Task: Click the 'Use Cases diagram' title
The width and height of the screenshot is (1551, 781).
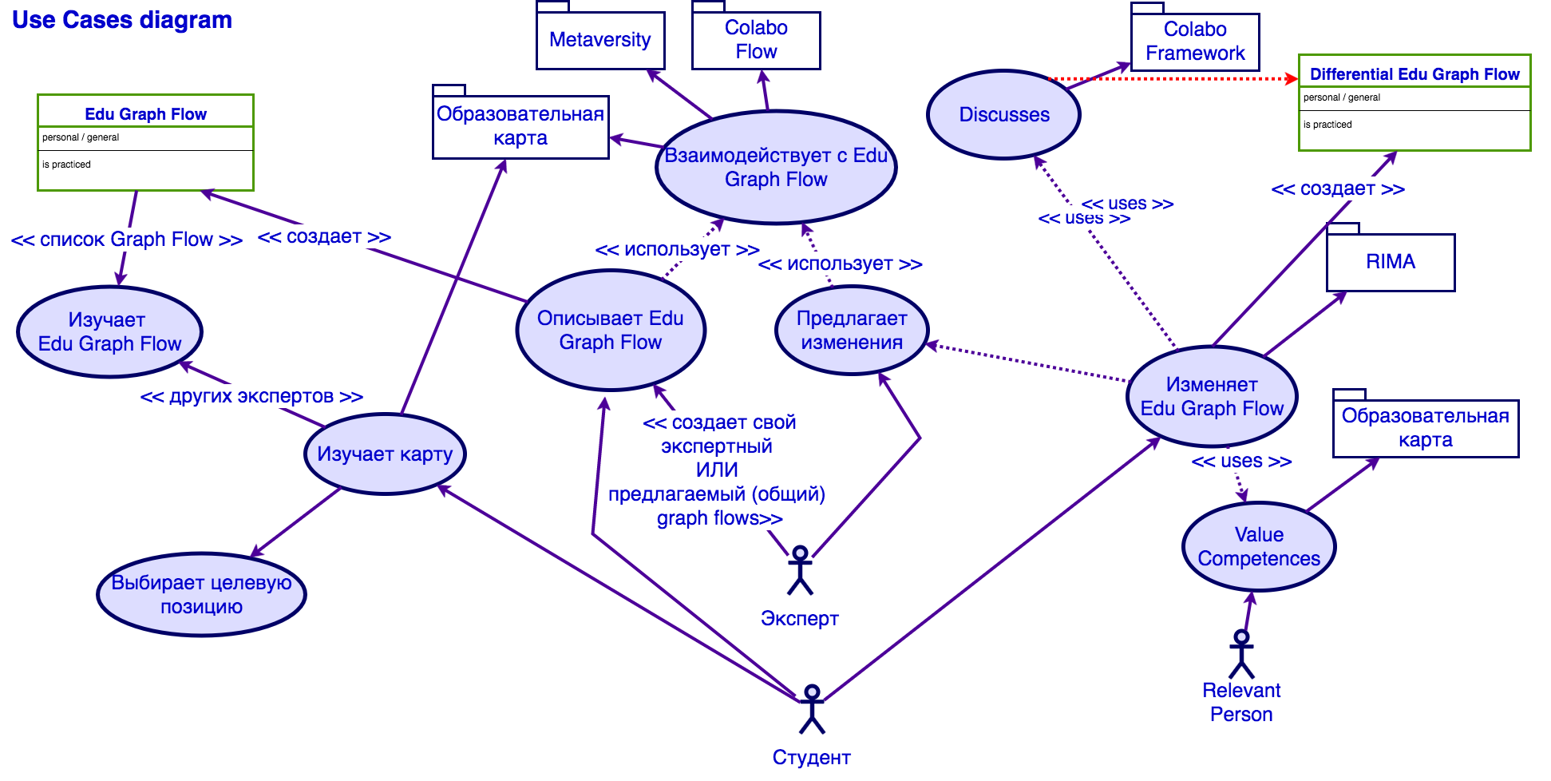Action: click(x=122, y=20)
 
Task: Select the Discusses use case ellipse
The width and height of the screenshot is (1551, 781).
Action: click(x=1003, y=115)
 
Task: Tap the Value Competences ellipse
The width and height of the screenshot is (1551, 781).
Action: click(x=1258, y=547)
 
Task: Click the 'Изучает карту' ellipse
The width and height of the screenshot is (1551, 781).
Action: click(x=385, y=454)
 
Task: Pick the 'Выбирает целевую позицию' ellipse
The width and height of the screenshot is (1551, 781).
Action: click(x=201, y=595)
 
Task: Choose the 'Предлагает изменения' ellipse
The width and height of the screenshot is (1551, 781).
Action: click(x=852, y=331)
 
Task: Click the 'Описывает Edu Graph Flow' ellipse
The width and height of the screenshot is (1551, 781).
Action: click(x=611, y=331)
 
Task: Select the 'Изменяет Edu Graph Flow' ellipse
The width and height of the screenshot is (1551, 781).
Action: click(x=1212, y=397)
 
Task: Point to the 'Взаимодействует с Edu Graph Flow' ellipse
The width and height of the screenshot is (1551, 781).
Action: click(x=776, y=168)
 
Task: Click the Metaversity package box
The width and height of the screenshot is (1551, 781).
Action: click(x=600, y=40)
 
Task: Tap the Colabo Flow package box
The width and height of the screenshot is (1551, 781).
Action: click(x=756, y=40)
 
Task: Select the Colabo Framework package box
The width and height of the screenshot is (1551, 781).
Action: click(x=1195, y=42)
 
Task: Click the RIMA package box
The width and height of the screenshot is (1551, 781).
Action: click(x=1391, y=262)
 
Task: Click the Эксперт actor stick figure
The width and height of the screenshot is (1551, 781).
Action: click(x=800, y=571)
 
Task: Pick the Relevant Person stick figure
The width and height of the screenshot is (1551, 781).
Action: click(x=1241, y=654)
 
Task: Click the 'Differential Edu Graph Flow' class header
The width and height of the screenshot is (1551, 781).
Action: click(x=1414, y=74)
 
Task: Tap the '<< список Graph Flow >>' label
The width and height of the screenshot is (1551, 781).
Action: click(x=127, y=240)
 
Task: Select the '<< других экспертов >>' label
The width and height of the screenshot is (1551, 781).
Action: click(x=251, y=396)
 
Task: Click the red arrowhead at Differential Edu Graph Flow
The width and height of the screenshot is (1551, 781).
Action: click(x=1291, y=78)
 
